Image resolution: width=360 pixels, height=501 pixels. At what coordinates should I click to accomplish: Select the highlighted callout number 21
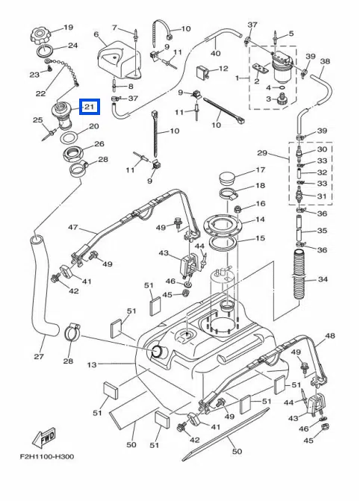[x=90, y=107]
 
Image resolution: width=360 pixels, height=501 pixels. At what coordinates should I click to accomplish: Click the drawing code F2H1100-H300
[x=47, y=456]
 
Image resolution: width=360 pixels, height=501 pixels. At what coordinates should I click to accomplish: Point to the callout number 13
[x=92, y=364]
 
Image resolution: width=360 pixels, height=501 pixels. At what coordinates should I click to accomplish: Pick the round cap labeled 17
[x=226, y=178]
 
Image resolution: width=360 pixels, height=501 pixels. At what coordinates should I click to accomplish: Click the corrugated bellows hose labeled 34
[x=298, y=276]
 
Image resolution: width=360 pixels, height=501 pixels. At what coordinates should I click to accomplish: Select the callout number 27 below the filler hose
[x=39, y=356]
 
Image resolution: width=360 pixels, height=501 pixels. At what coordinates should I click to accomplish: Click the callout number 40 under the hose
[x=216, y=53]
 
